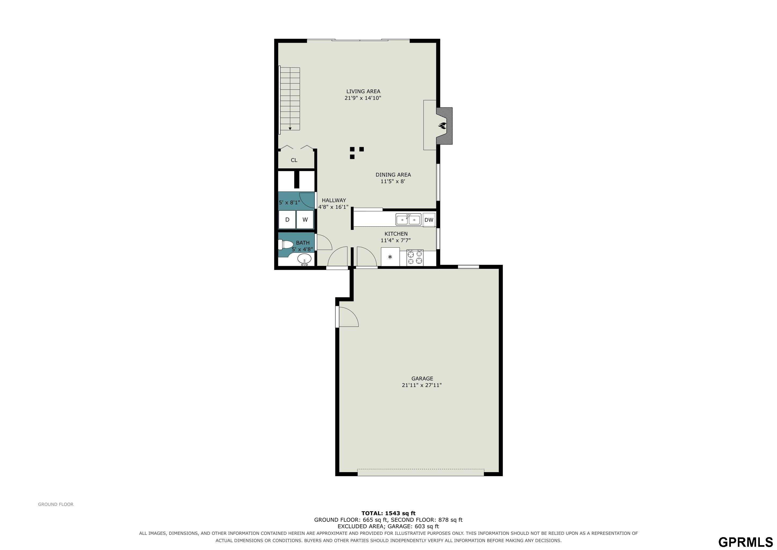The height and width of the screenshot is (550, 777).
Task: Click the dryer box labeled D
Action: [287, 219]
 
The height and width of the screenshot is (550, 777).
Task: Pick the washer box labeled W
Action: [305, 219]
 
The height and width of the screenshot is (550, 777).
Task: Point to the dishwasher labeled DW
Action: [429, 220]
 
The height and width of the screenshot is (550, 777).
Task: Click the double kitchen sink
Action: [408, 219]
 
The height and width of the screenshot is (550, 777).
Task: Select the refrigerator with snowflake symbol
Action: [390, 257]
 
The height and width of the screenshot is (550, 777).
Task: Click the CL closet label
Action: [294, 160]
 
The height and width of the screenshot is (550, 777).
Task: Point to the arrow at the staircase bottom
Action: [290, 128]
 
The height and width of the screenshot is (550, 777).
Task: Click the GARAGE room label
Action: [422, 379]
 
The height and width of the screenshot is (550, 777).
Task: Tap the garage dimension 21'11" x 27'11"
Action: [422, 385]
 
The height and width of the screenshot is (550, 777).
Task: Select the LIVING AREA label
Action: [363, 91]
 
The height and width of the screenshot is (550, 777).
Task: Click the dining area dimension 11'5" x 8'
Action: [393, 182]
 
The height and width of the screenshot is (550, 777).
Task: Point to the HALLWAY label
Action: [334, 201]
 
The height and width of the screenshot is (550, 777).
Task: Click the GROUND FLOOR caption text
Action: [56, 504]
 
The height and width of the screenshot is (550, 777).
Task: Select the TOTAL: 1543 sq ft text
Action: [388, 513]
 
